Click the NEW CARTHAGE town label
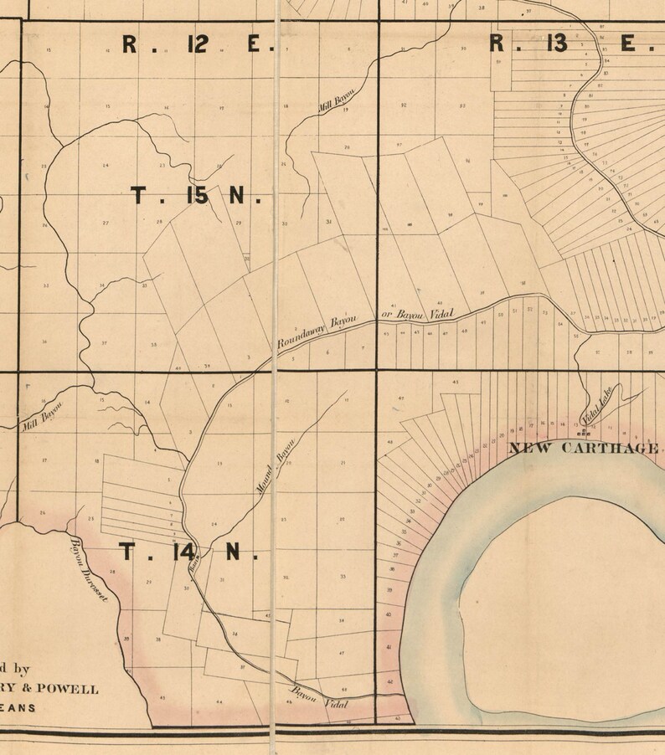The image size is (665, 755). pyautogui.click(x=583, y=448)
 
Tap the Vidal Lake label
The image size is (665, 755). pyautogui.click(x=600, y=405)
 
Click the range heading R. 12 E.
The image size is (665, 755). pyautogui.click(x=198, y=44)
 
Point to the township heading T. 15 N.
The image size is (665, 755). pyautogui.click(x=197, y=197)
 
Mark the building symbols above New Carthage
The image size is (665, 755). pyautogui.click(x=584, y=434)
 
